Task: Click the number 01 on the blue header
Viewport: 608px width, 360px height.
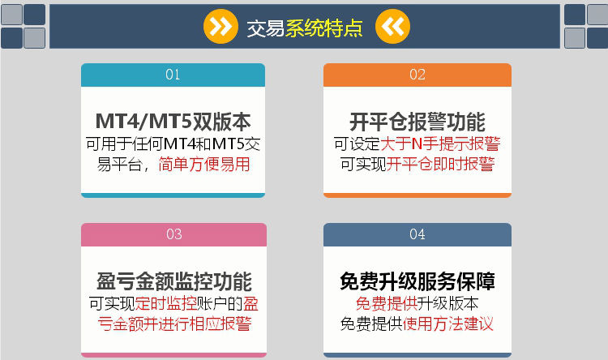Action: click(173, 75)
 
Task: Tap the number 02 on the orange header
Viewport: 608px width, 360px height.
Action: click(417, 75)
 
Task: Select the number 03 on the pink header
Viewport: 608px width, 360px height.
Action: click(173, 234)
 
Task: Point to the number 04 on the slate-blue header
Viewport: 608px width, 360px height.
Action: click(417, 234)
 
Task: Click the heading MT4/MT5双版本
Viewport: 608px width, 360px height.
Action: click(173, 121)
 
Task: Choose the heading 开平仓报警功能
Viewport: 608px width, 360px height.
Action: click(417, 122)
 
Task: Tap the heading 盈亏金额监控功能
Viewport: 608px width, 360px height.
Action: click(174, 281)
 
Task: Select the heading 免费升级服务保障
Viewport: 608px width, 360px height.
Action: click(417, 281)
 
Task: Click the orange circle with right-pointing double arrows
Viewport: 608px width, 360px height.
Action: click(221, 27)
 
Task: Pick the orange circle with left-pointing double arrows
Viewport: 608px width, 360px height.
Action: click(392, 27)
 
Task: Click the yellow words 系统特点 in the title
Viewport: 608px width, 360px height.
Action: click(324, 28)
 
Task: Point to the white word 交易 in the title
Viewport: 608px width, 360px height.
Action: click(266, 28)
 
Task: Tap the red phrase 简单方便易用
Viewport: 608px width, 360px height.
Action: click(204, 164)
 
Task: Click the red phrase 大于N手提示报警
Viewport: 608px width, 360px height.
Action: click(440, 144)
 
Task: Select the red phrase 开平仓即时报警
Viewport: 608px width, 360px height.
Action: click(440, 164)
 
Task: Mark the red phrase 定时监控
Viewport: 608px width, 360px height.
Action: click(166, 303)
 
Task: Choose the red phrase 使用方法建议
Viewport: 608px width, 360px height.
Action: click(447, 324)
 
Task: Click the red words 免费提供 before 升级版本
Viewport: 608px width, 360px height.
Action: click(386, 303)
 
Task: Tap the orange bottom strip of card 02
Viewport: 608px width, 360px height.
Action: click(417, 195)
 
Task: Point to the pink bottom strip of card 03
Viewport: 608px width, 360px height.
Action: click(173, 355)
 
